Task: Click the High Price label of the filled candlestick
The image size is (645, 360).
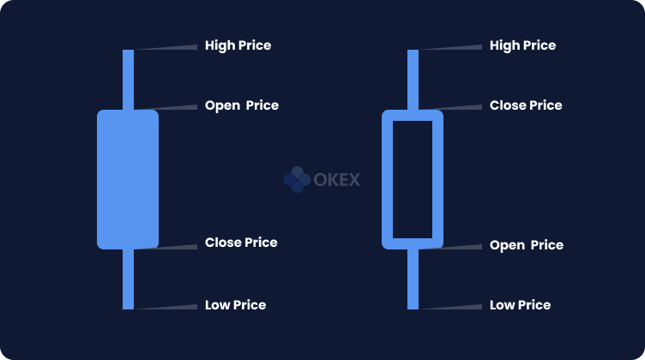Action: point(238,45)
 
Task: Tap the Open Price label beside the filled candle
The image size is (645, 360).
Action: point(242,105)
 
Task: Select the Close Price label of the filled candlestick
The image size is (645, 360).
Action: point(241,243)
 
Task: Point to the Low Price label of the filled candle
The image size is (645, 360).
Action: point(235,305)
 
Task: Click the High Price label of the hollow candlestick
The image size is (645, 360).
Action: point(523,45)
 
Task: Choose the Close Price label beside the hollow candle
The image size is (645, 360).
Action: point(526,105)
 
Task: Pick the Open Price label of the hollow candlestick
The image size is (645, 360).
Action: point(527,245)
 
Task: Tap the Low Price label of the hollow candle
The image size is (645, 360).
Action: point(520,305)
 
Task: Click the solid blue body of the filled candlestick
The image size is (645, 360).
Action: point(128,180)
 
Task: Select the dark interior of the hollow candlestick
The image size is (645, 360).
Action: point(413,180)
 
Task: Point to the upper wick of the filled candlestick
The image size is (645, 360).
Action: point(129,80)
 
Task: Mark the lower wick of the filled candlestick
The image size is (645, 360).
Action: point(129,279)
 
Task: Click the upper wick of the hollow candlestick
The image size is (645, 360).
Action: point(413,80)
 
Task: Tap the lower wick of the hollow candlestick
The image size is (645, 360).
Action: point(413,279)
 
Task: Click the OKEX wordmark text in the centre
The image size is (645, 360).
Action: point(337,180)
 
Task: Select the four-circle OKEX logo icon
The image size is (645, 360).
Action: point(298,180)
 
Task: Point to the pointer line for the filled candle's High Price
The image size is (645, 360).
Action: point(166,48)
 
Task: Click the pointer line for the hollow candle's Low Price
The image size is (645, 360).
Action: point(450,307)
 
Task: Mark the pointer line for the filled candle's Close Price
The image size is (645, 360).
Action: point(166,247)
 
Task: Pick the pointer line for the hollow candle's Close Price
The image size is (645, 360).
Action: point(450,108)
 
